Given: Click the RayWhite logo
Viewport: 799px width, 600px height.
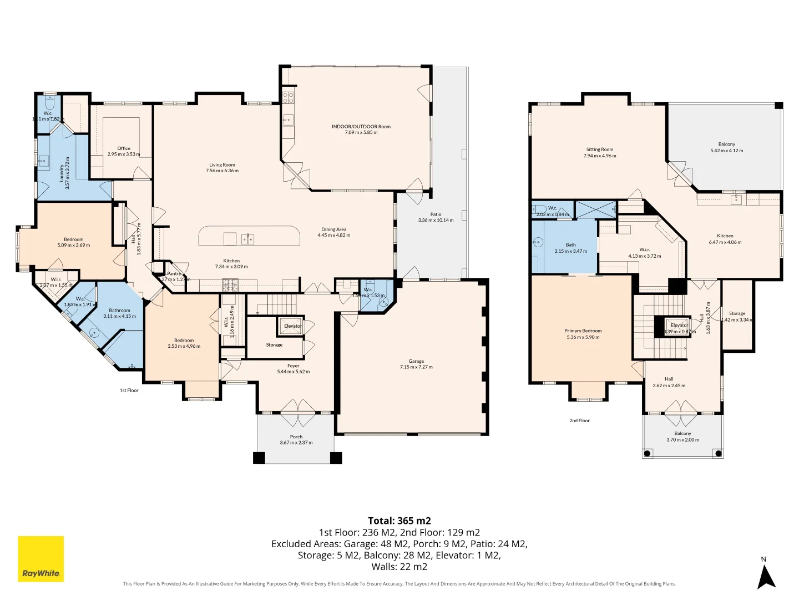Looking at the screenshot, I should [x=41, y=559].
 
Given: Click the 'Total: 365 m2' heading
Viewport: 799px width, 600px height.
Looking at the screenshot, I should [x=399, y=521].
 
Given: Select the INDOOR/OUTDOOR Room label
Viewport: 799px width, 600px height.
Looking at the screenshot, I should [x=361, y=127].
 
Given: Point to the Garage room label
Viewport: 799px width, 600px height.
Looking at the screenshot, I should [x=416, y=361].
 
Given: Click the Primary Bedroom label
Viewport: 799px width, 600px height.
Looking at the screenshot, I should [x=583, y=331].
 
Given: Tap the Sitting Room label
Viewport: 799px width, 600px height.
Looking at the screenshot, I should [x=599, y=149].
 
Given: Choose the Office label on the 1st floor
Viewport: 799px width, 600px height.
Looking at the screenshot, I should [x=124, y=148].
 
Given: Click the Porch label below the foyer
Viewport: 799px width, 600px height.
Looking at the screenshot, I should [x=296, y=437].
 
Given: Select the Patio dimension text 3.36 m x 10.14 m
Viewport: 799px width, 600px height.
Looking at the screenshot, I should [x=436, y=221].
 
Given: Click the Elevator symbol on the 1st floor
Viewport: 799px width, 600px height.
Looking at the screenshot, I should [x=292, y=326].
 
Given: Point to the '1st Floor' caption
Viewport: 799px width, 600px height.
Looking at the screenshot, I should [x=129, y=391].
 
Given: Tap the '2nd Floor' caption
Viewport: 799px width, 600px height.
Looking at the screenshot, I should [x=579, y=421].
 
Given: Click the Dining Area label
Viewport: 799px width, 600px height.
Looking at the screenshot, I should [x=333, y=229].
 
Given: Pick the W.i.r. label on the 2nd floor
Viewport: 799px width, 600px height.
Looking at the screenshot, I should [x=644, y=249].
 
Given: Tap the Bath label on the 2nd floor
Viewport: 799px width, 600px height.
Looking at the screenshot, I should [x=570, y=244].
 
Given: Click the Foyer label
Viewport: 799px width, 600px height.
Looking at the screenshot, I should [x=293, y=366].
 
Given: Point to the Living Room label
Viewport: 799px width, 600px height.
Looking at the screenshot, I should [x=222, y=164].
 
